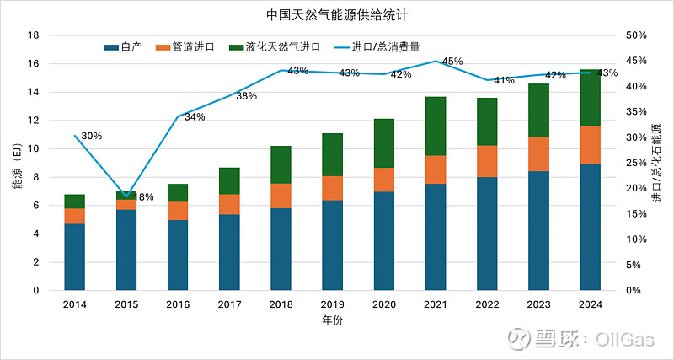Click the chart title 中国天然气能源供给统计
point(336,15)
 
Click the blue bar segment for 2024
point(591,227)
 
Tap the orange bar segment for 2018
point(281,196)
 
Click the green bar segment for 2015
point(126,196)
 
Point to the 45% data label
point(452,62)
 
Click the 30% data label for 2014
point(92,136)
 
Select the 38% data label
point(246,97)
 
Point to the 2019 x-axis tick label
point(333,304)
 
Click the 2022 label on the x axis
point(487,304)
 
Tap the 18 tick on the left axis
point(35,35)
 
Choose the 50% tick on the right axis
point(636,35)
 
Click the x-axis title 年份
point(333,321)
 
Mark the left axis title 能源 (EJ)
point(16,164)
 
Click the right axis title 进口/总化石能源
point(657,164)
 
